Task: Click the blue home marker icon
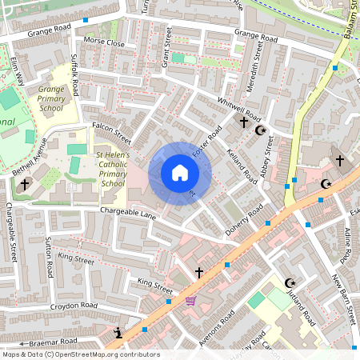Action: (180, 173)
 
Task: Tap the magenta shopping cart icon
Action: (190, 301)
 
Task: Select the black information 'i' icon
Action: (119, 332)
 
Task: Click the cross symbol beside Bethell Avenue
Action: (24, 184)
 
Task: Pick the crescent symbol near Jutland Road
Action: (290, 282)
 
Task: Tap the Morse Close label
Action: (104, 42)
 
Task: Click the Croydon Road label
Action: (74, 306)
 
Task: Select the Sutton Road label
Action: (50, 256)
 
